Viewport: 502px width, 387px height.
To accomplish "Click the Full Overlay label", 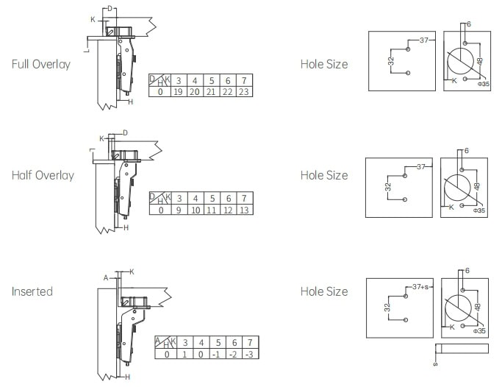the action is coord(41,64).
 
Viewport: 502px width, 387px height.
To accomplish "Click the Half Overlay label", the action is coord(43,175).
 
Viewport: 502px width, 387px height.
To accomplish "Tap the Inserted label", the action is coord(32,291).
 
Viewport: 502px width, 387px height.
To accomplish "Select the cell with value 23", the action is coord(244,92).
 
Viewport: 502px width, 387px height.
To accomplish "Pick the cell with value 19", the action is coord(178,92).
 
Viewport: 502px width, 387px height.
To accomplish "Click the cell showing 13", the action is coord(244,210).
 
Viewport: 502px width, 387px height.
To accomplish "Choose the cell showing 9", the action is coord(179,210).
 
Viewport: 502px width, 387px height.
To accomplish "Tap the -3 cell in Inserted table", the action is coord(250,354).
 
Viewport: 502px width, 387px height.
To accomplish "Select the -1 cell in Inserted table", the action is coord(217,354).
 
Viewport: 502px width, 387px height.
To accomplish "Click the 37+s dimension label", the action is coord(420,287).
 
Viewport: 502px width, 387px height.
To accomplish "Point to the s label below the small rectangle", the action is coord(435,364).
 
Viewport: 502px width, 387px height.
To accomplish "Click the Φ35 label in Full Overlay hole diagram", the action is coord(484,84).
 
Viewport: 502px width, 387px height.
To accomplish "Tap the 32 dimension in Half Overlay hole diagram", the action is coord(388,187).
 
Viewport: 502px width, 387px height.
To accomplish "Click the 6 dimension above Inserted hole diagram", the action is coord(467,271).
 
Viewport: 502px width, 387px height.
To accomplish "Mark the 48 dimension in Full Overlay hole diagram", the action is coord(480,61).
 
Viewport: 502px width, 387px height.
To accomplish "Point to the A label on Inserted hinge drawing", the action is coord(106,278).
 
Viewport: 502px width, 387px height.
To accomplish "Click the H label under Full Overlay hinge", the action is coord(130,102).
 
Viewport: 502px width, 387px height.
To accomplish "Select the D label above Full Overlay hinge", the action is coord(110,9).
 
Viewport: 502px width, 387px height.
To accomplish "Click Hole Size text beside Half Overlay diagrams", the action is coord(324,175).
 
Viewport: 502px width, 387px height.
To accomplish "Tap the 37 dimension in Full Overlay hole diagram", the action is coord(424,40).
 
